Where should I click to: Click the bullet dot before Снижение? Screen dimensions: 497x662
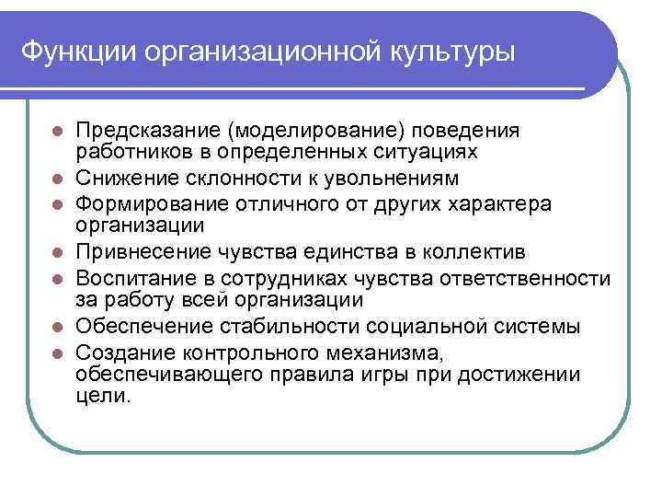[x=57, y=177]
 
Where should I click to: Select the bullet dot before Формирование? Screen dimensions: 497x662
[x=57, y=202]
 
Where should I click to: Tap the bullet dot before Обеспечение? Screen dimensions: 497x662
[x=57, y=327]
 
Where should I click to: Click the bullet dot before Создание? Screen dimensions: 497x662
[x=57, y=352]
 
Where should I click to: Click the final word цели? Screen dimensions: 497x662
[x=104, y=397]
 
